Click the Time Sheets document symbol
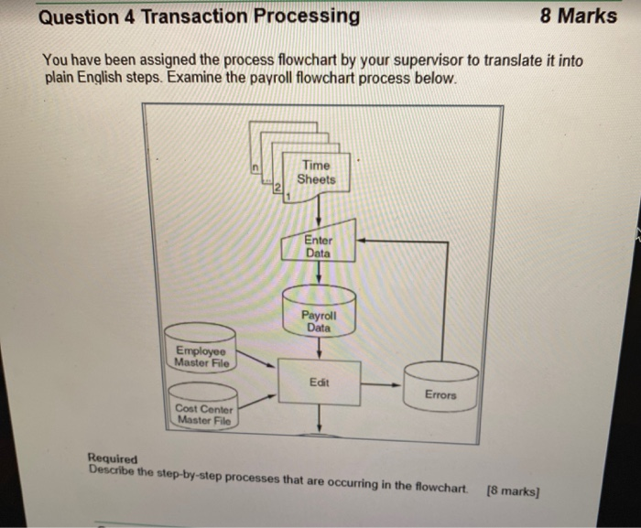317,173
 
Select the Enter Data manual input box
319,245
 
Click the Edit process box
319,382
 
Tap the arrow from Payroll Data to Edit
319,349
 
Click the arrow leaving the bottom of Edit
319,419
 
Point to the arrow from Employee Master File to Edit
256,364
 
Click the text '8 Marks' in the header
578,16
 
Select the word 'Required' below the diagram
112,458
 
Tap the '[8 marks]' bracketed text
514,490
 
